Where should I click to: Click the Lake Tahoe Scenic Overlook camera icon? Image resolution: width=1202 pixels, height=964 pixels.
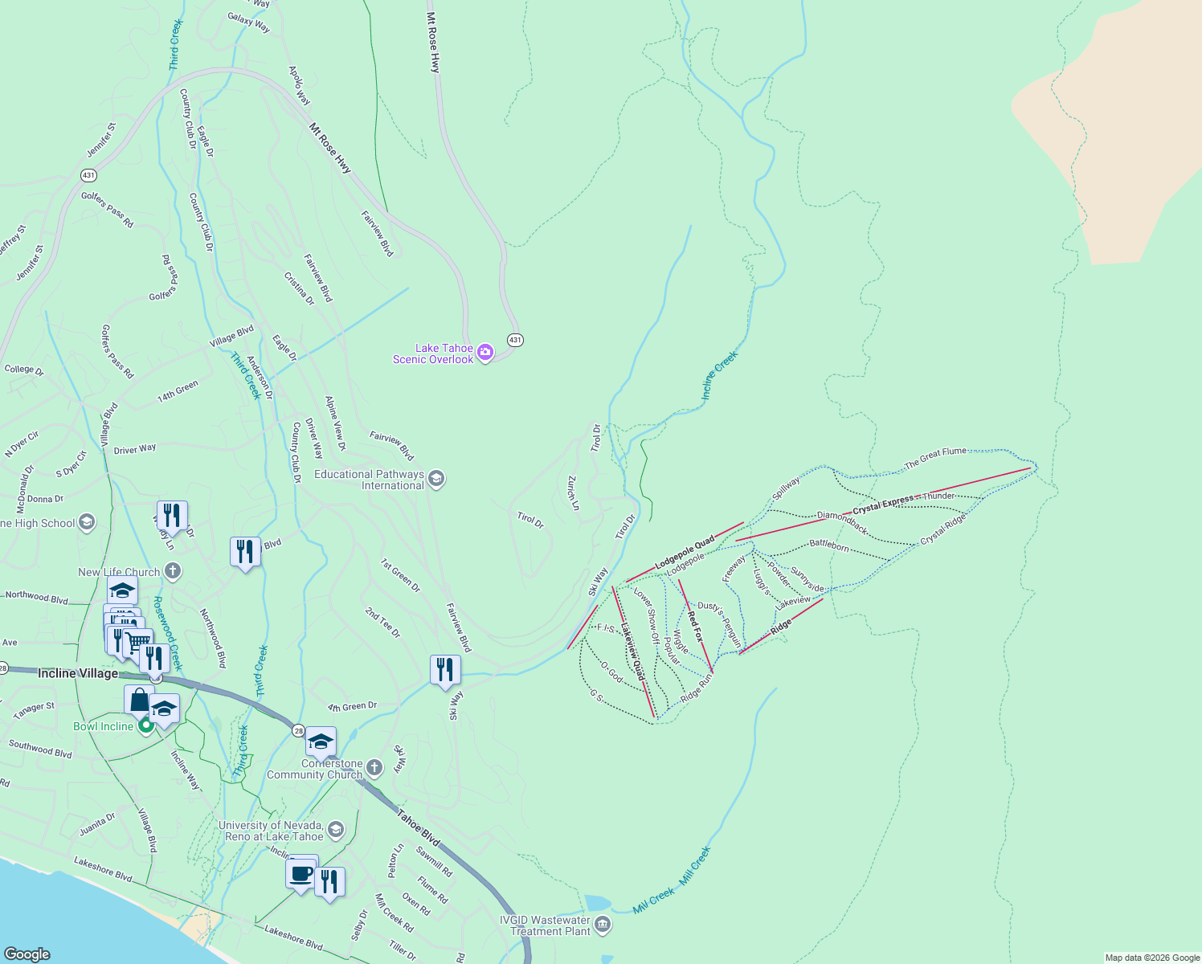484,353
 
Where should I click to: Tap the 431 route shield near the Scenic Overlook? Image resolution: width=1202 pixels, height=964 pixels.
515,340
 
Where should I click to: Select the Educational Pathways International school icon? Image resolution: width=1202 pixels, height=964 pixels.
436,480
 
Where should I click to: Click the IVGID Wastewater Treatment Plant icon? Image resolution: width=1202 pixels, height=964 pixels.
603,925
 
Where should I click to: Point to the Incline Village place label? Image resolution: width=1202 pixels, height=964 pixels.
78,673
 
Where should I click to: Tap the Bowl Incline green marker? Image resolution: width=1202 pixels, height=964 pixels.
145,726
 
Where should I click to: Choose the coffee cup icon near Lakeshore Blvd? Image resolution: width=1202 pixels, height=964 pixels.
301,872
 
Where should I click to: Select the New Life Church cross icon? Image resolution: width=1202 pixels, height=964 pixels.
172,571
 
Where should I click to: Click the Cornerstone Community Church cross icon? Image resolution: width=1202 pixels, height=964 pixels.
374,768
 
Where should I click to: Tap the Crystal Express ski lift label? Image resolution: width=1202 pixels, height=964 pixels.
883,504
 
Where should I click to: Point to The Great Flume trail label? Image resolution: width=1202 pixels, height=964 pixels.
935,458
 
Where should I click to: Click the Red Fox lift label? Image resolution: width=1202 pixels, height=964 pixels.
694,626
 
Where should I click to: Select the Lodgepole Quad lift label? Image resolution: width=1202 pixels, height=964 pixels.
684,553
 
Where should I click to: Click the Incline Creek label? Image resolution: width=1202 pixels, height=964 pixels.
719,375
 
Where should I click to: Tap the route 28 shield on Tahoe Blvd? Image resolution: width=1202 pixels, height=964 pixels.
298,730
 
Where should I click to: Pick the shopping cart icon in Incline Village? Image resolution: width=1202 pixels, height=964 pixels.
137,643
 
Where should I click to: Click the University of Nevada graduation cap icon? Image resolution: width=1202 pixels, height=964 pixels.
336,829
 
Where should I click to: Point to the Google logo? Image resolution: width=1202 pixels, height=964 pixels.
27,954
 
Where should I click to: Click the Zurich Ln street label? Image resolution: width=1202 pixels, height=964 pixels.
573,492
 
